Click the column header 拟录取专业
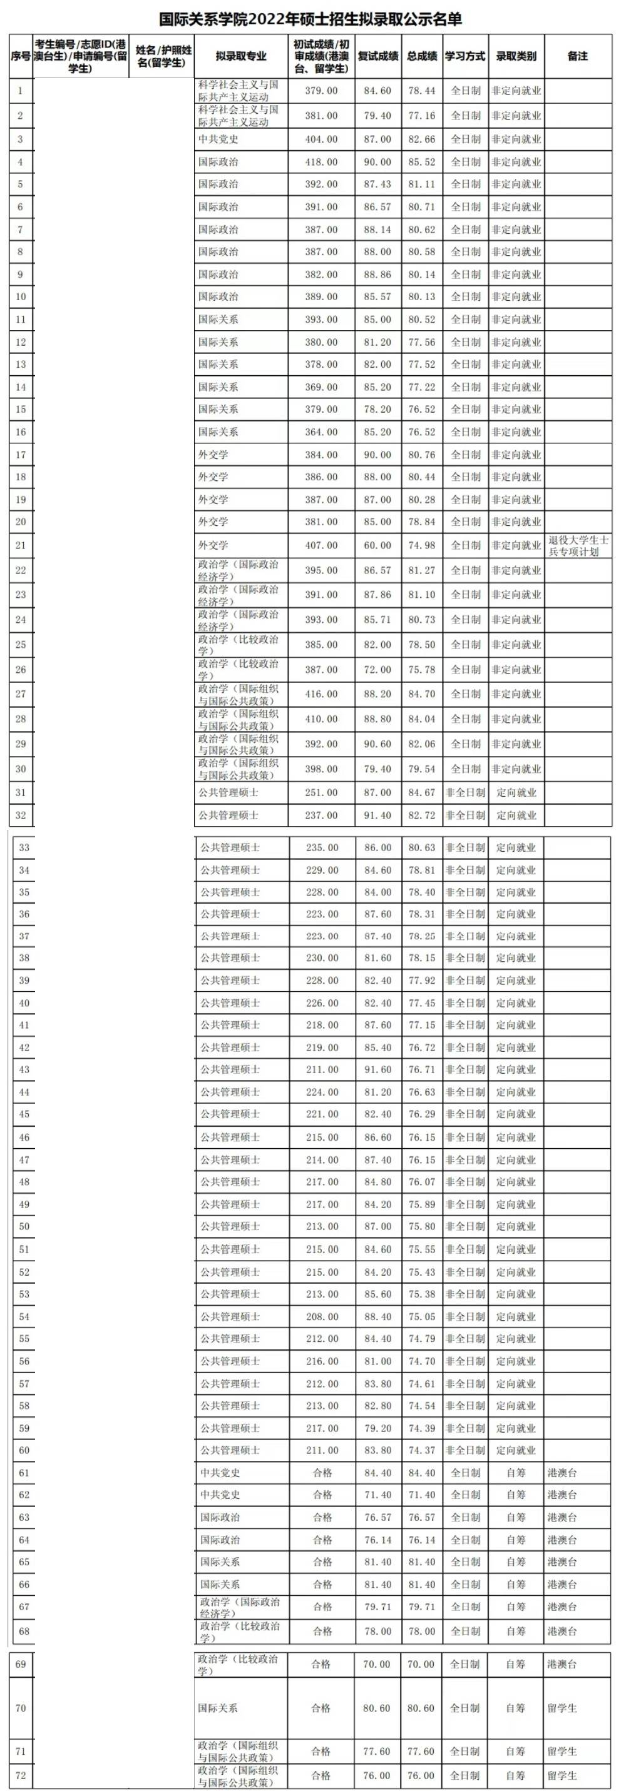click(x=241, y=56)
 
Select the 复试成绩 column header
click(x=377, y=56)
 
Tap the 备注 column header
click(x=577, y=56)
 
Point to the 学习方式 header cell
click(x=464, y=56)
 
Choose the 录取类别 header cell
click(x=516, y=56)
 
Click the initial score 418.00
click(x=321, y=162)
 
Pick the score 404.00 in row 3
click(x=321, y=139)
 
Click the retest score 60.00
click(x=377, y=545)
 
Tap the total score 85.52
click(x=421, y=162)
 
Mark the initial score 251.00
click(x=321, y=792)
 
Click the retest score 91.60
click(x=377, y=1069)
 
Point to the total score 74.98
click(x=421, y=545)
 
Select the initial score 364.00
click(x=321, y=431)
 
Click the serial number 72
click(x=20, y=1775)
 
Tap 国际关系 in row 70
click(x=218, y=1708)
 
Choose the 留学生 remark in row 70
click(x=562, y=1708)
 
